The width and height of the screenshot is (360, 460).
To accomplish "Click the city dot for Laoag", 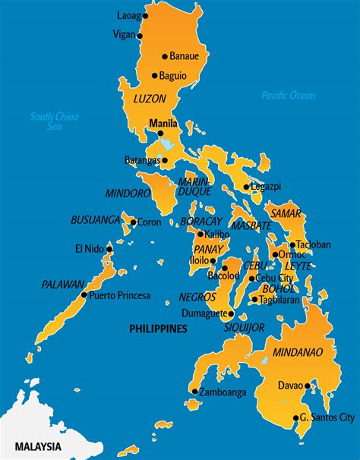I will pos(146,15).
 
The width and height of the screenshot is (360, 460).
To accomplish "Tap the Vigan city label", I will pos(123,34).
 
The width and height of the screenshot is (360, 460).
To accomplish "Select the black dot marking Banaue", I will pos(164,56).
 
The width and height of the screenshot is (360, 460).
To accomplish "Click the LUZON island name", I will pos(149,99).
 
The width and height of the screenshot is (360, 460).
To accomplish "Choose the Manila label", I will pos(163,123).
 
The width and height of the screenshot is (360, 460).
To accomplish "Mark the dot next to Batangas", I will pos(164,160).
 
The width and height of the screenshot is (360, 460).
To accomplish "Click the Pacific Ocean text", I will pos(288,96).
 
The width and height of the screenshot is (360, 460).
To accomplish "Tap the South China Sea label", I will pos(55,121).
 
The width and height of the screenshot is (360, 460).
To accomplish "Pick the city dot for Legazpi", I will pos(246,187).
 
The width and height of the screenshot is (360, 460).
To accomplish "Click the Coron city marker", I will pos(133,222).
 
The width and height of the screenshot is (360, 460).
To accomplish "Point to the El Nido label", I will pos(89,248).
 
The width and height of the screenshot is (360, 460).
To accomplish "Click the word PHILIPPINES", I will pos(157,329).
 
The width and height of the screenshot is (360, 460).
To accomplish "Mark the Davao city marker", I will pos(308,386).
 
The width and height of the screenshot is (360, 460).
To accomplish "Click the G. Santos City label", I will pos(327,417).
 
